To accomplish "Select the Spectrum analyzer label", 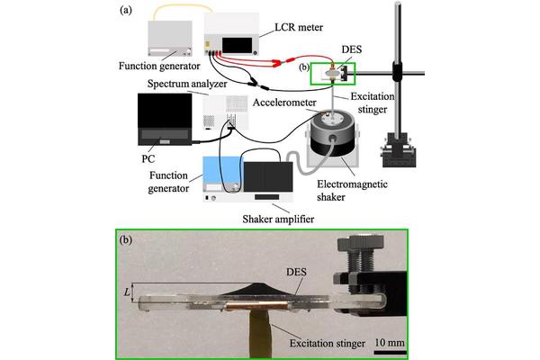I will (x=184, y=82).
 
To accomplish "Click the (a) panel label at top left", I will (x=127, y=12).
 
